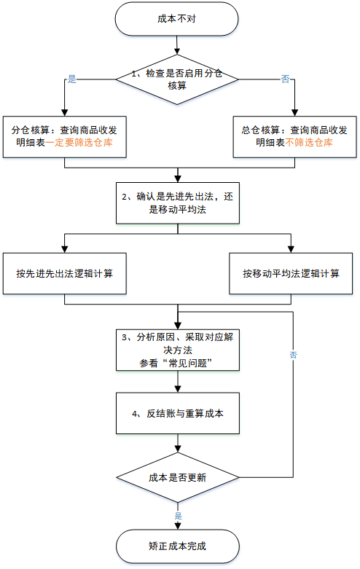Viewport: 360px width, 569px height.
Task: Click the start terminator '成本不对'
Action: (177, 19)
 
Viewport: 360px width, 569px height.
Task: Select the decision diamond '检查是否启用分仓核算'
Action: (177, 79)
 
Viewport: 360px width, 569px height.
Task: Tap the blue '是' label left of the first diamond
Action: (72, 79)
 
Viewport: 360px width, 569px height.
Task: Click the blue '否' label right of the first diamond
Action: (286, 79)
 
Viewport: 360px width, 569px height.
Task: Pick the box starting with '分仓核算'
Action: (65, 137)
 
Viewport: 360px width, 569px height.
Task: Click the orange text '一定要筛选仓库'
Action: (79, 143)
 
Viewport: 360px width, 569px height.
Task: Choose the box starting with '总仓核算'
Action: (294, 137)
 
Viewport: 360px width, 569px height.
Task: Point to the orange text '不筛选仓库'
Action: (309, 143)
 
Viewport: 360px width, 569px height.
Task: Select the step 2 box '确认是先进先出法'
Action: (178, 203)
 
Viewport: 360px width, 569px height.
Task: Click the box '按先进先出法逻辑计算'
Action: (65, 273)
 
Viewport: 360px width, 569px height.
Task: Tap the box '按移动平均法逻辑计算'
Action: (291, 273)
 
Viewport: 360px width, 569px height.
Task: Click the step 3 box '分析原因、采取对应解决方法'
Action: (178, 350)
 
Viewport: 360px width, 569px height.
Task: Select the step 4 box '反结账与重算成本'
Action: (178, 413)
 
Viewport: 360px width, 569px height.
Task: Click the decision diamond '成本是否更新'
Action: (178, 477)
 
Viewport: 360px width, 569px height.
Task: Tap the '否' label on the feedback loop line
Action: (293, 355)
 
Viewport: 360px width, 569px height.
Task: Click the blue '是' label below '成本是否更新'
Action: (179, 516)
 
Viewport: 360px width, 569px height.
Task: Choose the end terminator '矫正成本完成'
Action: (178, 546)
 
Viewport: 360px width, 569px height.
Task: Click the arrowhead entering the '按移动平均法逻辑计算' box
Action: (291, 249)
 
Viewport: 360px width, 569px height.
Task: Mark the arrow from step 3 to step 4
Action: (178, 381)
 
